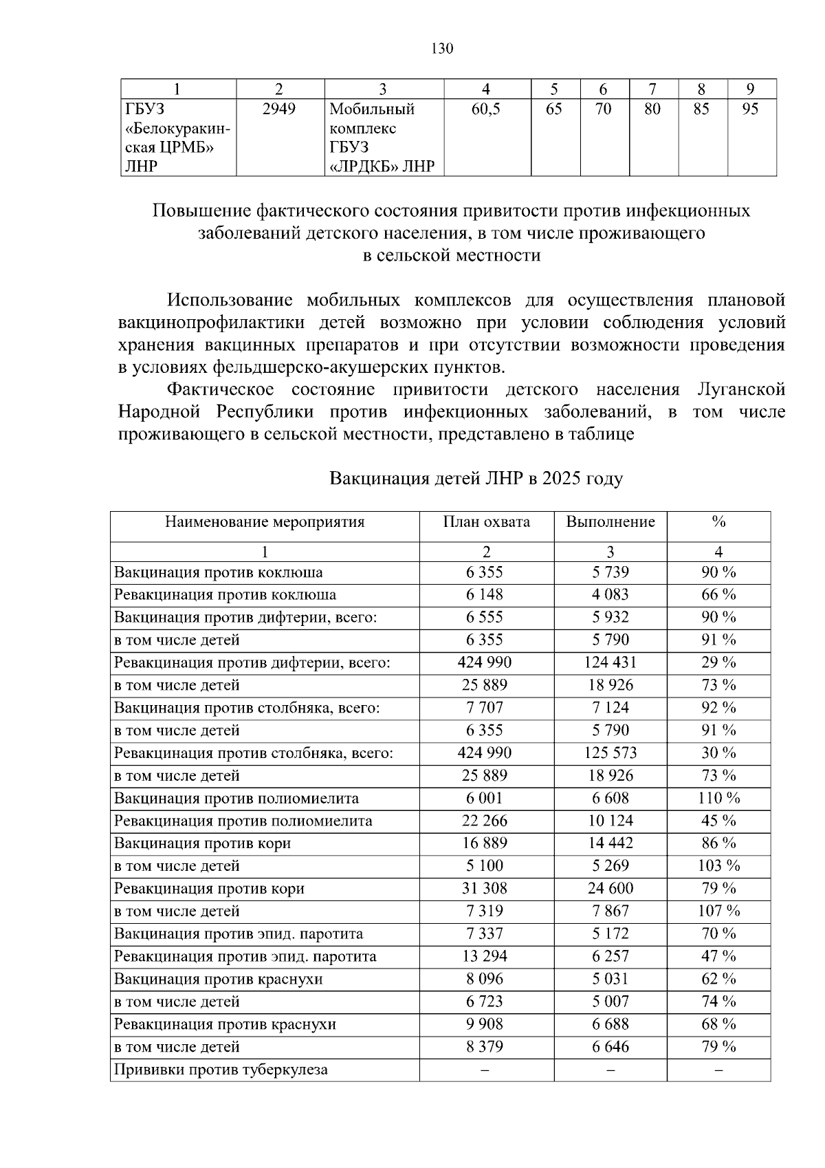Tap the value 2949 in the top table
(279, 109)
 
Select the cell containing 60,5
(486, 109)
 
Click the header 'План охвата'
(486, 521)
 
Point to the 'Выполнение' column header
(610, 521)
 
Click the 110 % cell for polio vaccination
(718, 798)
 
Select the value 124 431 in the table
(610, 662)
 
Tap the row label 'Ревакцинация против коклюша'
(225, 594)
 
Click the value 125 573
(610, 753)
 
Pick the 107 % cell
(718, 911)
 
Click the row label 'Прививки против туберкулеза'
(221, 1070)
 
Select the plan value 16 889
(485, 843)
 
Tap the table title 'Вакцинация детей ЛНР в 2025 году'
(476, 479)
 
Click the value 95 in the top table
(750, 109)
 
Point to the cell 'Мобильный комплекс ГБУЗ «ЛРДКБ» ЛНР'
(382, 138)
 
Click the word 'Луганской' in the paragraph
(741, 390)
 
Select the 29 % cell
(718, 662)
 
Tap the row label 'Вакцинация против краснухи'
(218, 979)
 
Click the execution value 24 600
(610, 888)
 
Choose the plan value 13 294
(485, 956)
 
